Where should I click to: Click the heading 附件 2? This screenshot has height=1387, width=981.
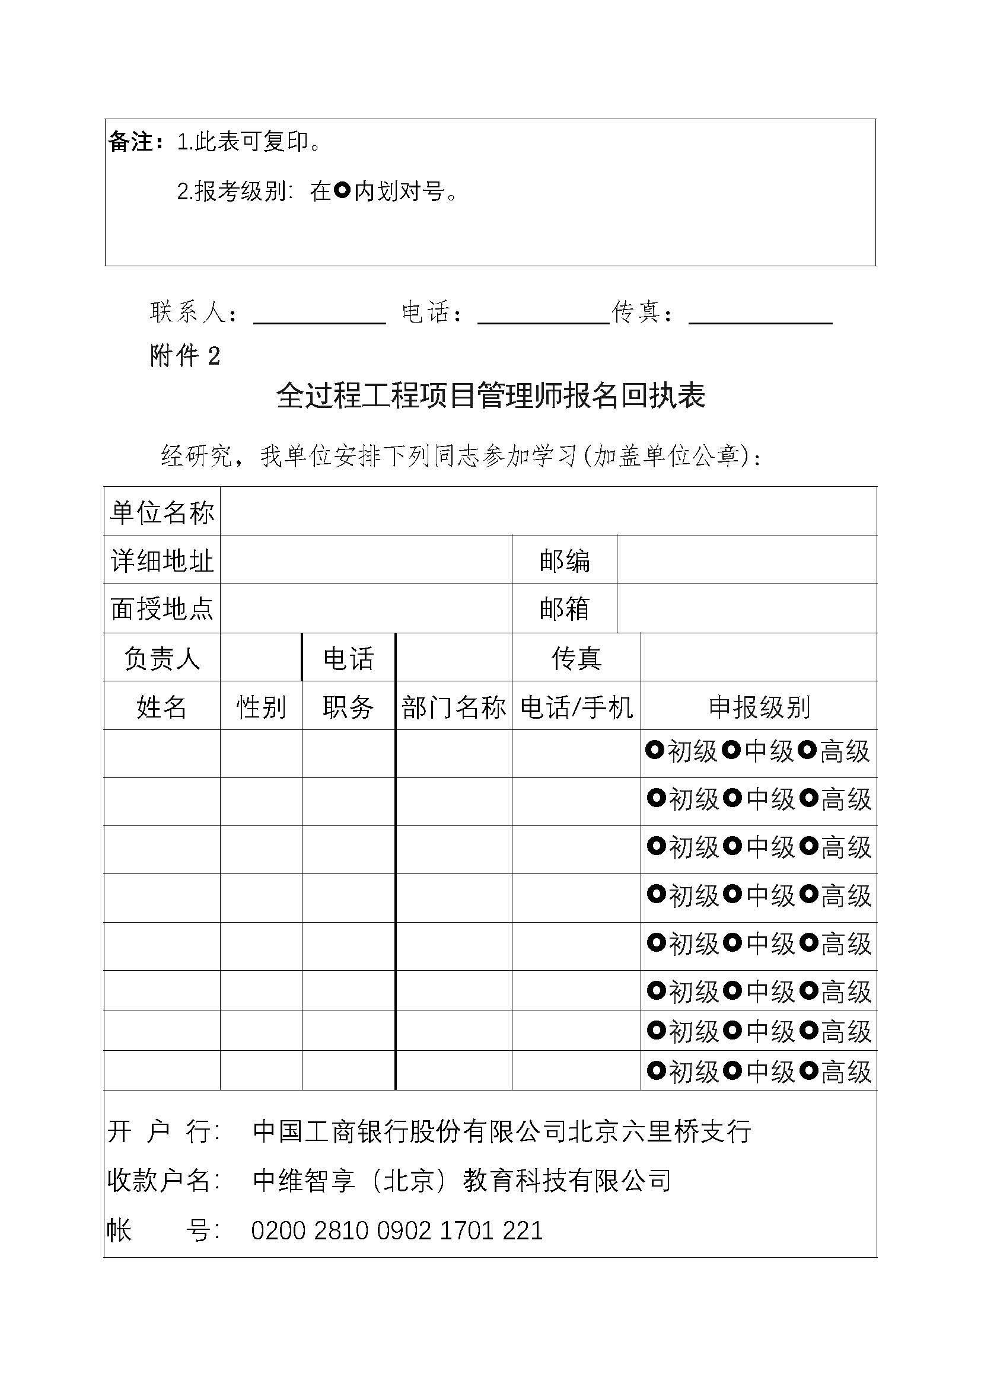(x=185, y=356)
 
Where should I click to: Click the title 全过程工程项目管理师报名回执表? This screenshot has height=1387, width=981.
(x=490, y=396)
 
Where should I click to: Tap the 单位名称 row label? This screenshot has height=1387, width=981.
(x=162, y=512)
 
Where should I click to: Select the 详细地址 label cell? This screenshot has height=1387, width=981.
(x=162, y=560)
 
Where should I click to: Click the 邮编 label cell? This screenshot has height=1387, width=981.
(x=564, y=560)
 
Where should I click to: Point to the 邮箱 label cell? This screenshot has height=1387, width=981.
(x=564, y=608)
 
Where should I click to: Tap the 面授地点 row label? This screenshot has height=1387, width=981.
(x=162, y=608)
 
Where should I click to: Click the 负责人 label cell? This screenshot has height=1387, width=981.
(x=162, y=658)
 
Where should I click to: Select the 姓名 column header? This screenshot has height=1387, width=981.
(x=162, y=706)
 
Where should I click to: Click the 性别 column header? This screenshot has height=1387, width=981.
(x=261, y=706)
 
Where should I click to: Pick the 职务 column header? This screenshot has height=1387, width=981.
(x=349, y=706)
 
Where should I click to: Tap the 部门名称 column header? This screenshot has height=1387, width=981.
(x=454, y=706)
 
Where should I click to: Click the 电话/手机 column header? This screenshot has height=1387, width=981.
(x=577, y=706)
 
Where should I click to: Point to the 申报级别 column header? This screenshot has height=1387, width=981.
(x=759, y=706)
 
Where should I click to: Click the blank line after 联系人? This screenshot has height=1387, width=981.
(x=320, y=315)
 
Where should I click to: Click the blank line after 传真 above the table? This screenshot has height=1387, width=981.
(x=760, y=315)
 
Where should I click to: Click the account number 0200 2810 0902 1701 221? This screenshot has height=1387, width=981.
(x=397, y=1230)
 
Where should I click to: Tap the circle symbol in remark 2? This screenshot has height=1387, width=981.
(x=342, y=191)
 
